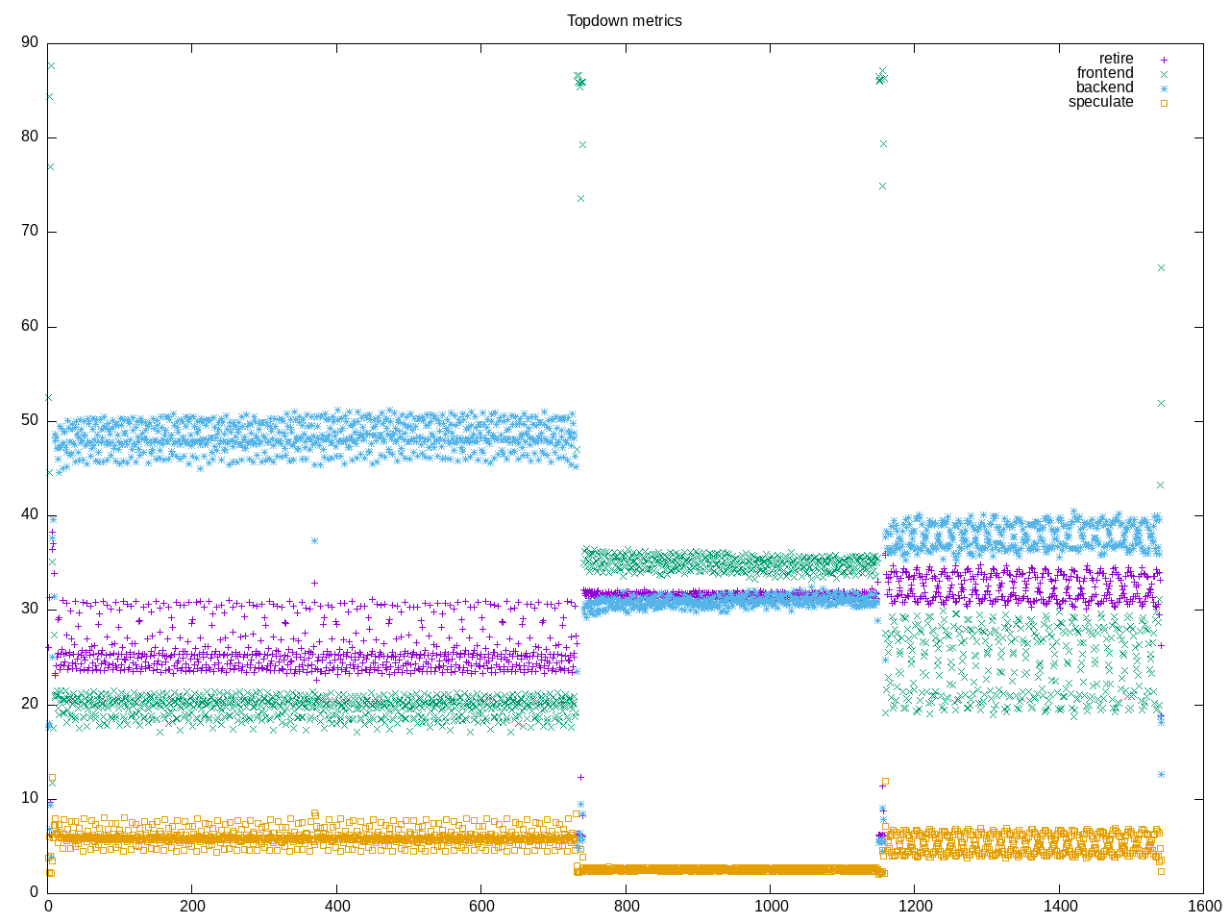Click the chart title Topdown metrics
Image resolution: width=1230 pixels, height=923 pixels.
(624, 20)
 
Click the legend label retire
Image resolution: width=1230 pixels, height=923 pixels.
(1116, 59)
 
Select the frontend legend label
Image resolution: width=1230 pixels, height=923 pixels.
(1104, 73)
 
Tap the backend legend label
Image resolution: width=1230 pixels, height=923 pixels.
(1104, 87)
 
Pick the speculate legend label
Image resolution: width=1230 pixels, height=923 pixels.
(1100, 102)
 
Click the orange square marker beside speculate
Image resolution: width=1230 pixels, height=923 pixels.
(1164, 103)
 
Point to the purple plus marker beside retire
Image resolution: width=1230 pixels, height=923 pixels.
(1164, 60)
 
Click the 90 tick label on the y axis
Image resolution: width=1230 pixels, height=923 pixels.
(30, 42)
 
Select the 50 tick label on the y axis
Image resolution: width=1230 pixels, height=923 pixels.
(30, 421)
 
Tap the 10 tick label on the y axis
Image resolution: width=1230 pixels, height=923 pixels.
(30, 799)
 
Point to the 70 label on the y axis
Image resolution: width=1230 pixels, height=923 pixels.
(30, 232)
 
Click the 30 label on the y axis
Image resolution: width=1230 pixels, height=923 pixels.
(30, 610)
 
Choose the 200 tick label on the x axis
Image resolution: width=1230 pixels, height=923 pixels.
(192, 906)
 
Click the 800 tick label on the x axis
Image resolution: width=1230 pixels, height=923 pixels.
(626, 906)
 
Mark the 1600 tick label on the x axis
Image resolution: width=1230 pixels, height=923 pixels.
(1203, 906)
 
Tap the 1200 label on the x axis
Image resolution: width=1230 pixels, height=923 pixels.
(914, 906)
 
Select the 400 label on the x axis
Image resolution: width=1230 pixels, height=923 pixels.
(337, 906)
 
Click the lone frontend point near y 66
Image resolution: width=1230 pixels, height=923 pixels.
(1161, 268)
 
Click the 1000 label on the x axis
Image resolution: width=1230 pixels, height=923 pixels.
(770, 906)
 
